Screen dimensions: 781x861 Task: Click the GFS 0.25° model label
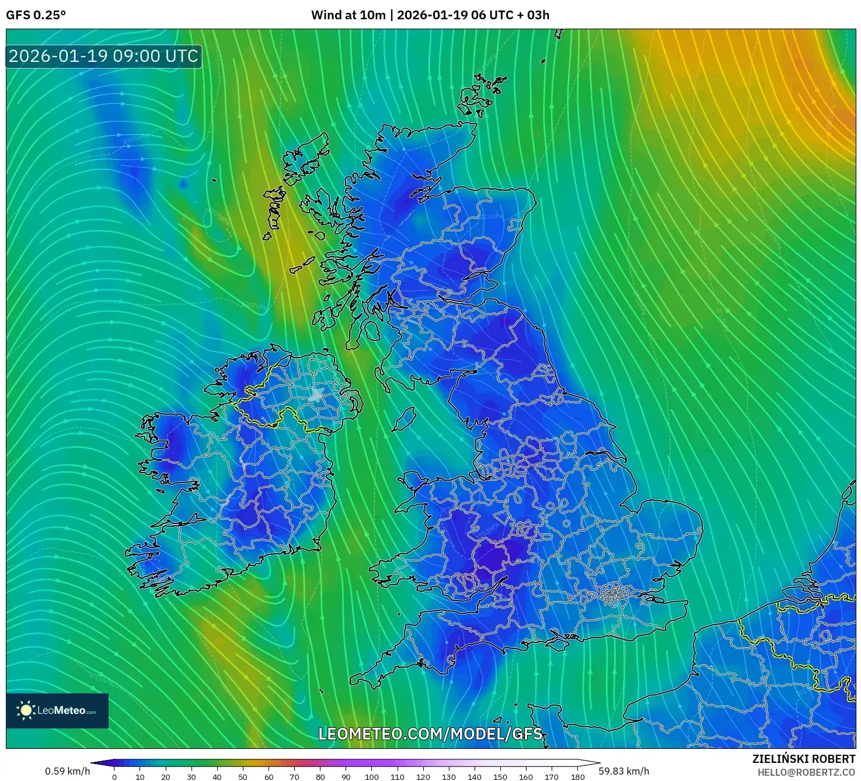point(36,15)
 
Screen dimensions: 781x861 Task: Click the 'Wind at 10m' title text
point(348,15)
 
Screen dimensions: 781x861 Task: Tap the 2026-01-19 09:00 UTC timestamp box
point(104,57)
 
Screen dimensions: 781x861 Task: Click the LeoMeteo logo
point(57,710)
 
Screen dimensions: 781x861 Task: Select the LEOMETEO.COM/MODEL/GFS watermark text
point(430,734)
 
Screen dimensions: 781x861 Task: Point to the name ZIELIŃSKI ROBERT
point(803,759)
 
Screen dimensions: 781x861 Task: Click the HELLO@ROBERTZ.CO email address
point(806,772)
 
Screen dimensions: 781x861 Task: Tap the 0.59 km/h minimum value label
point(68,771)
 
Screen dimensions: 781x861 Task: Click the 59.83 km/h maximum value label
point(623,771)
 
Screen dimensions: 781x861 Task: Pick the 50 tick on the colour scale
point(243,776)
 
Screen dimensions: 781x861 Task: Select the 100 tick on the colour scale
point(372,776)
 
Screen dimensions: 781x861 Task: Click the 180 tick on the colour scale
point(577,776)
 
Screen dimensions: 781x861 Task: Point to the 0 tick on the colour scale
point(114,776)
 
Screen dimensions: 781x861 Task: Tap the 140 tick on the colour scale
point(475,776)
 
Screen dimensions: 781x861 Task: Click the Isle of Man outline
point(404,419)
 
